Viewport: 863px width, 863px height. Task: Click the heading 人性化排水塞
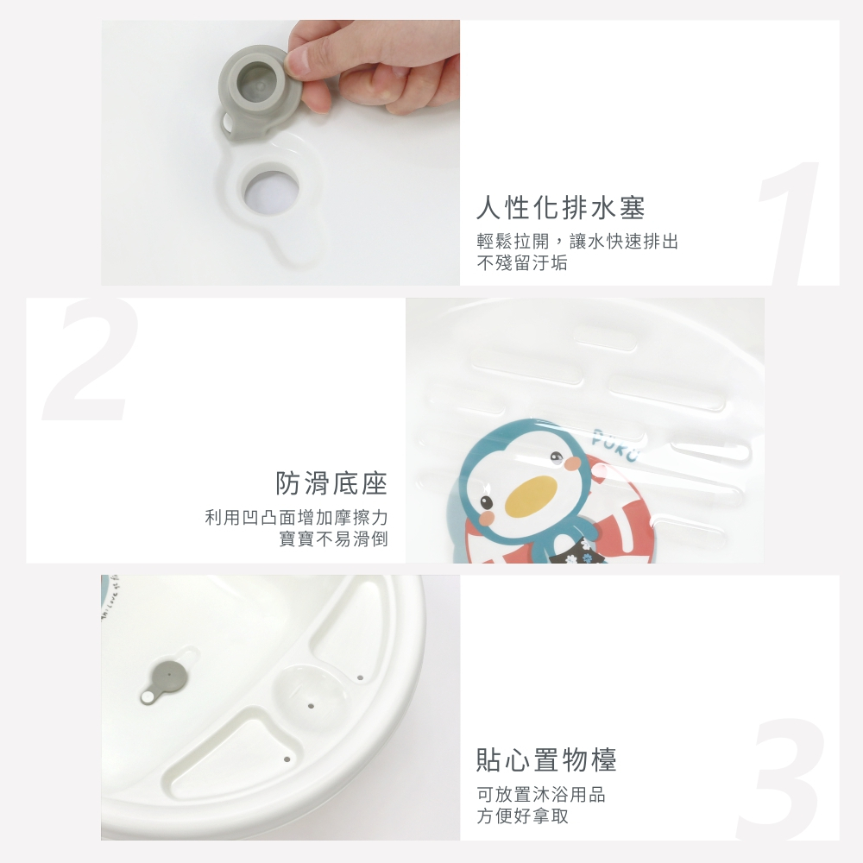pyautogui.click(x=560, y=208)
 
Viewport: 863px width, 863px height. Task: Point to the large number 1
pyautogui.click(x=790, y=223)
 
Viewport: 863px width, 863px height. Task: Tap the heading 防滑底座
pyautogui.click(x=332, y=483)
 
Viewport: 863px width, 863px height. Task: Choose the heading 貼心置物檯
pyautogui.click(x=546, y=760)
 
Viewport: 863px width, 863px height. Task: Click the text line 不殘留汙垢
pyautogui.click(x=522, y=262)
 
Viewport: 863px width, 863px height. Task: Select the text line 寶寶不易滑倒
pyautogui.click(x=333, y=539)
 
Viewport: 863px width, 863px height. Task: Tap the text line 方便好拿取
pyautogui.click(x=522, y=816)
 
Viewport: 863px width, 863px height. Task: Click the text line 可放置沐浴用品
pyautogui.click(x=541, y=794)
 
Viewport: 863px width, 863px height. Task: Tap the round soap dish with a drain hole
pyautogui.click(x=308, y=694)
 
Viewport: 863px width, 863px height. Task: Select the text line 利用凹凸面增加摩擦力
pyautogui.click(x=297, y=517)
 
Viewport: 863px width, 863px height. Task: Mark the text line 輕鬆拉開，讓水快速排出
pyautogui.click(x=577, y=241)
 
